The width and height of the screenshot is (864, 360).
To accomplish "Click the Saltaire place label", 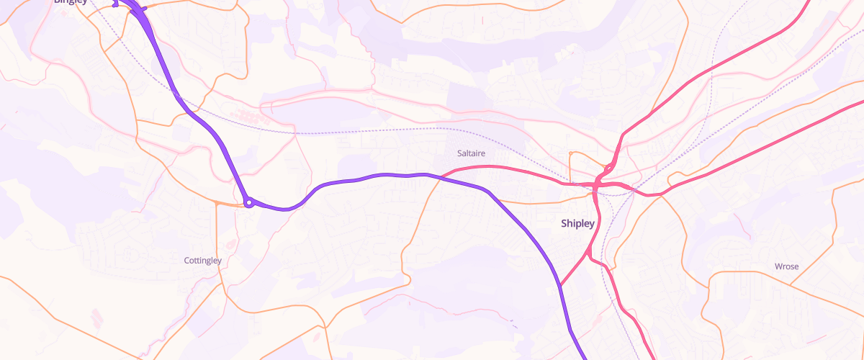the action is tap(472, 153).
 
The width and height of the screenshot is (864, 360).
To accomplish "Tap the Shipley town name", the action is tap(578, 224).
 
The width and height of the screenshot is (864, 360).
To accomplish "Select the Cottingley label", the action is tap(203, 261).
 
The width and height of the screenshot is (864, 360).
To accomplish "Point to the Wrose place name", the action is tap(786, 266).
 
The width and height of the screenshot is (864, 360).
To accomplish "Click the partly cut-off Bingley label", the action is tap(71, 2).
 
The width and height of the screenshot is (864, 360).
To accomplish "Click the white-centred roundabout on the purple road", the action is tap(248, 203).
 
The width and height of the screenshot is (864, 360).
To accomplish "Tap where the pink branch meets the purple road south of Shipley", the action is tap(561, 284).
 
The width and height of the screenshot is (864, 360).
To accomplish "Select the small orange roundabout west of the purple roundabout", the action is tap(217, 204).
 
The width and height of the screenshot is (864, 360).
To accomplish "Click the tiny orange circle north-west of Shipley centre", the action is tap(570, 153).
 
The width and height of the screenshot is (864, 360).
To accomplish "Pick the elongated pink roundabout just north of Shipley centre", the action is tap(608, 169).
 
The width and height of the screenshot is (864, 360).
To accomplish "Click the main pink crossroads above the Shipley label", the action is tap(597, 186).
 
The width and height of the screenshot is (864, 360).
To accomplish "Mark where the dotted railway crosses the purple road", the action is tap(193, 109).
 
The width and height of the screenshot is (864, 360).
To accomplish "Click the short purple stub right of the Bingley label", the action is tap(144, 8).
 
